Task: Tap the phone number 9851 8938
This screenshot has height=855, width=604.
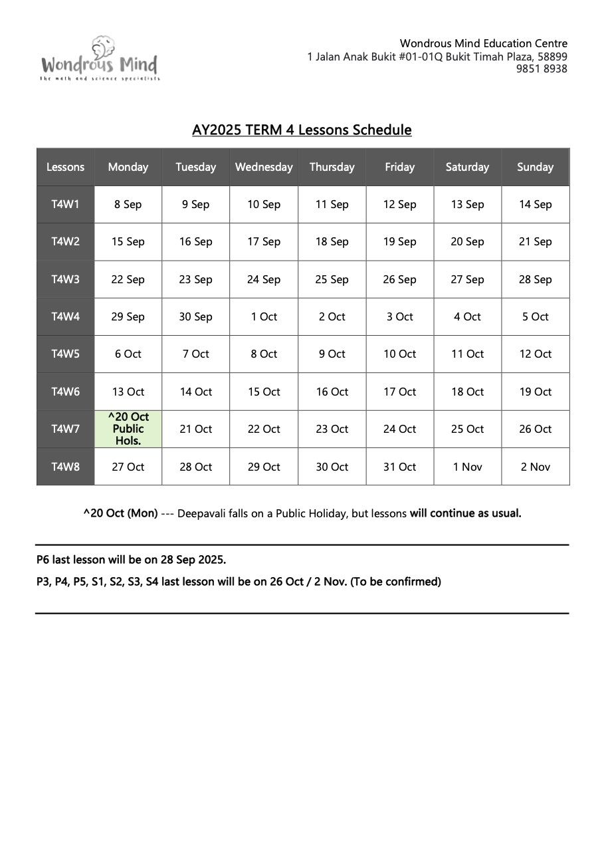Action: [542, 69]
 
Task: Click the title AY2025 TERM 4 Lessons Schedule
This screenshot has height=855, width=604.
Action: [302, 130]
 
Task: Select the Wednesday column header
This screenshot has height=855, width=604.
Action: [264, 168]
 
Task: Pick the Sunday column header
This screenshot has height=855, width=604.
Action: [535, 168]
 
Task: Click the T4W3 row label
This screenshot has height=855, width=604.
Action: [65, 279]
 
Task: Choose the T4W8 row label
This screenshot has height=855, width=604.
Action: [65, 467]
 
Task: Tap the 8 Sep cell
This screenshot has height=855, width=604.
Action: [128, 205]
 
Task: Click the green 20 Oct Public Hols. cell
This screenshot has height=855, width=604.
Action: [128, 429]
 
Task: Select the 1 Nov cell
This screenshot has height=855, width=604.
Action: [467, 467]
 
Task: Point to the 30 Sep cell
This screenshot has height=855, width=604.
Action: [195, 317]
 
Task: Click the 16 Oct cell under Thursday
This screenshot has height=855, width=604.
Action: [332, 392]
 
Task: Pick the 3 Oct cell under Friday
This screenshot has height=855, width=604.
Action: [399, 317]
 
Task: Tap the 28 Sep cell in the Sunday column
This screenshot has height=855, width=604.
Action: [535, 279]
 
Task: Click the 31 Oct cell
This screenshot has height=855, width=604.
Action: [399, 467]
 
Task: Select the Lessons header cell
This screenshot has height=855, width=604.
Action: [65, 168]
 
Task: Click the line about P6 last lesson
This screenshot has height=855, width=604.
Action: [132, 560]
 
